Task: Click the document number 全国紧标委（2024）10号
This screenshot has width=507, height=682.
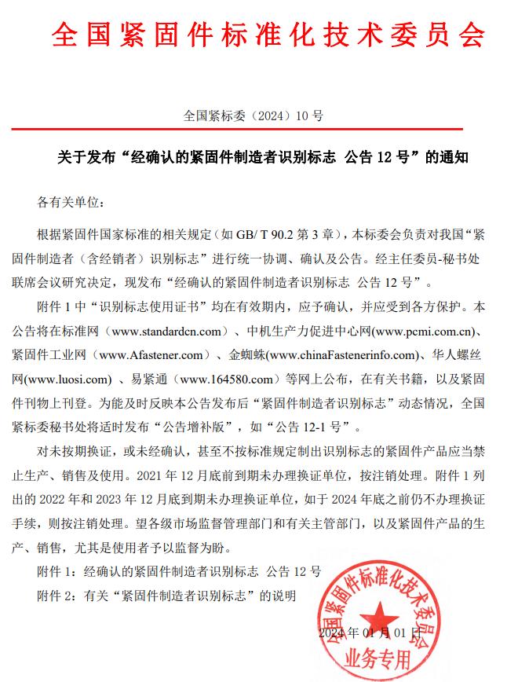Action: [253, 115]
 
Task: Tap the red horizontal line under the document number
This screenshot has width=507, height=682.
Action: [253, 128]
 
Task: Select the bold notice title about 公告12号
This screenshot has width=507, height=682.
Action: [253, 157]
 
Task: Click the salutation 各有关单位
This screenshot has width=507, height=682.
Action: [71, 203]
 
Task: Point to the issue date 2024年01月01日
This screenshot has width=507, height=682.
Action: [365, 632]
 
